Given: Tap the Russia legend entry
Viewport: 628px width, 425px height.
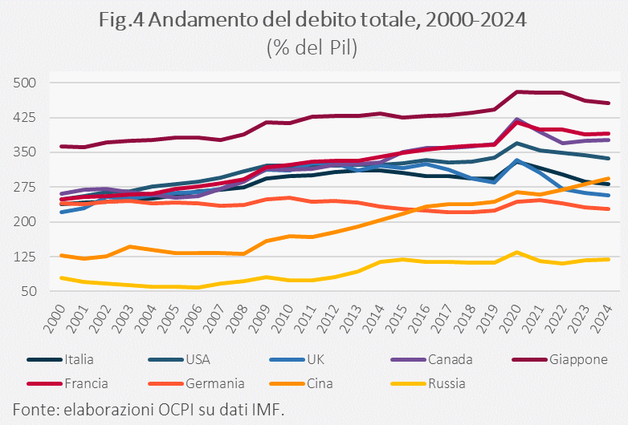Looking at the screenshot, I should (x=444, y=382).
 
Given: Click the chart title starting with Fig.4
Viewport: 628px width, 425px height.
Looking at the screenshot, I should (x=314, y=20).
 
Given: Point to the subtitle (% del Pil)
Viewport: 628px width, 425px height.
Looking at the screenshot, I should (x=313, y=47).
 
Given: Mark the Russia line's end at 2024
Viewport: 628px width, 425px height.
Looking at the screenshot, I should (x=608, y=259).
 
